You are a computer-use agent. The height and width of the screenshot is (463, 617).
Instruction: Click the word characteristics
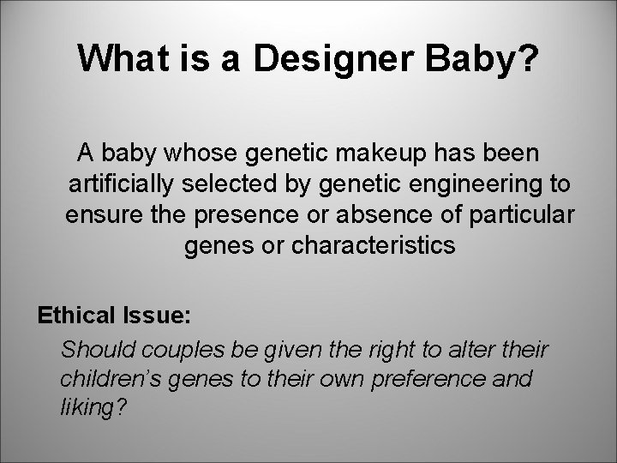[x=374, y=245]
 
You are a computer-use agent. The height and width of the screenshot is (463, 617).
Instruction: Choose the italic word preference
[x=436, y=379]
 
